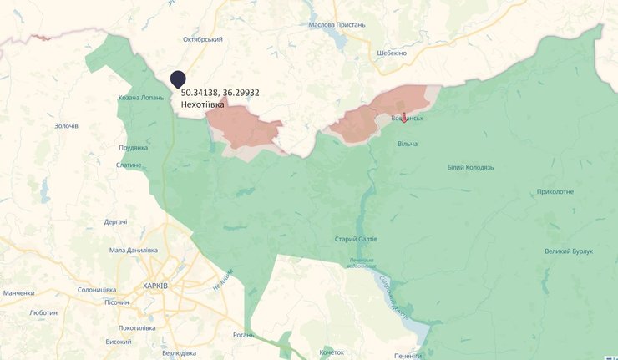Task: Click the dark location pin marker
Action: click(178, 79)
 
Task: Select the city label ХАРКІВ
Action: click(155, 286)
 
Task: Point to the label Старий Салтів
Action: click(355, 239)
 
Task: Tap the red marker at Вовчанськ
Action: click(404, 117)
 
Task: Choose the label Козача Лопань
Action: click(140, 98)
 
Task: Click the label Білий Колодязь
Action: click(470, 167)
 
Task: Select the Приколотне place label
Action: click(555, 191)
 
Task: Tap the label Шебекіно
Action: click(392, 53)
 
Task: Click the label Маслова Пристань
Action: click(337, 24)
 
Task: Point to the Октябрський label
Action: click(203, 39)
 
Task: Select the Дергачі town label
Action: click(115, 221)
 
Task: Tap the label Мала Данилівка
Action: click(134, 250)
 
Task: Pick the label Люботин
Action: click(43, 312)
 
